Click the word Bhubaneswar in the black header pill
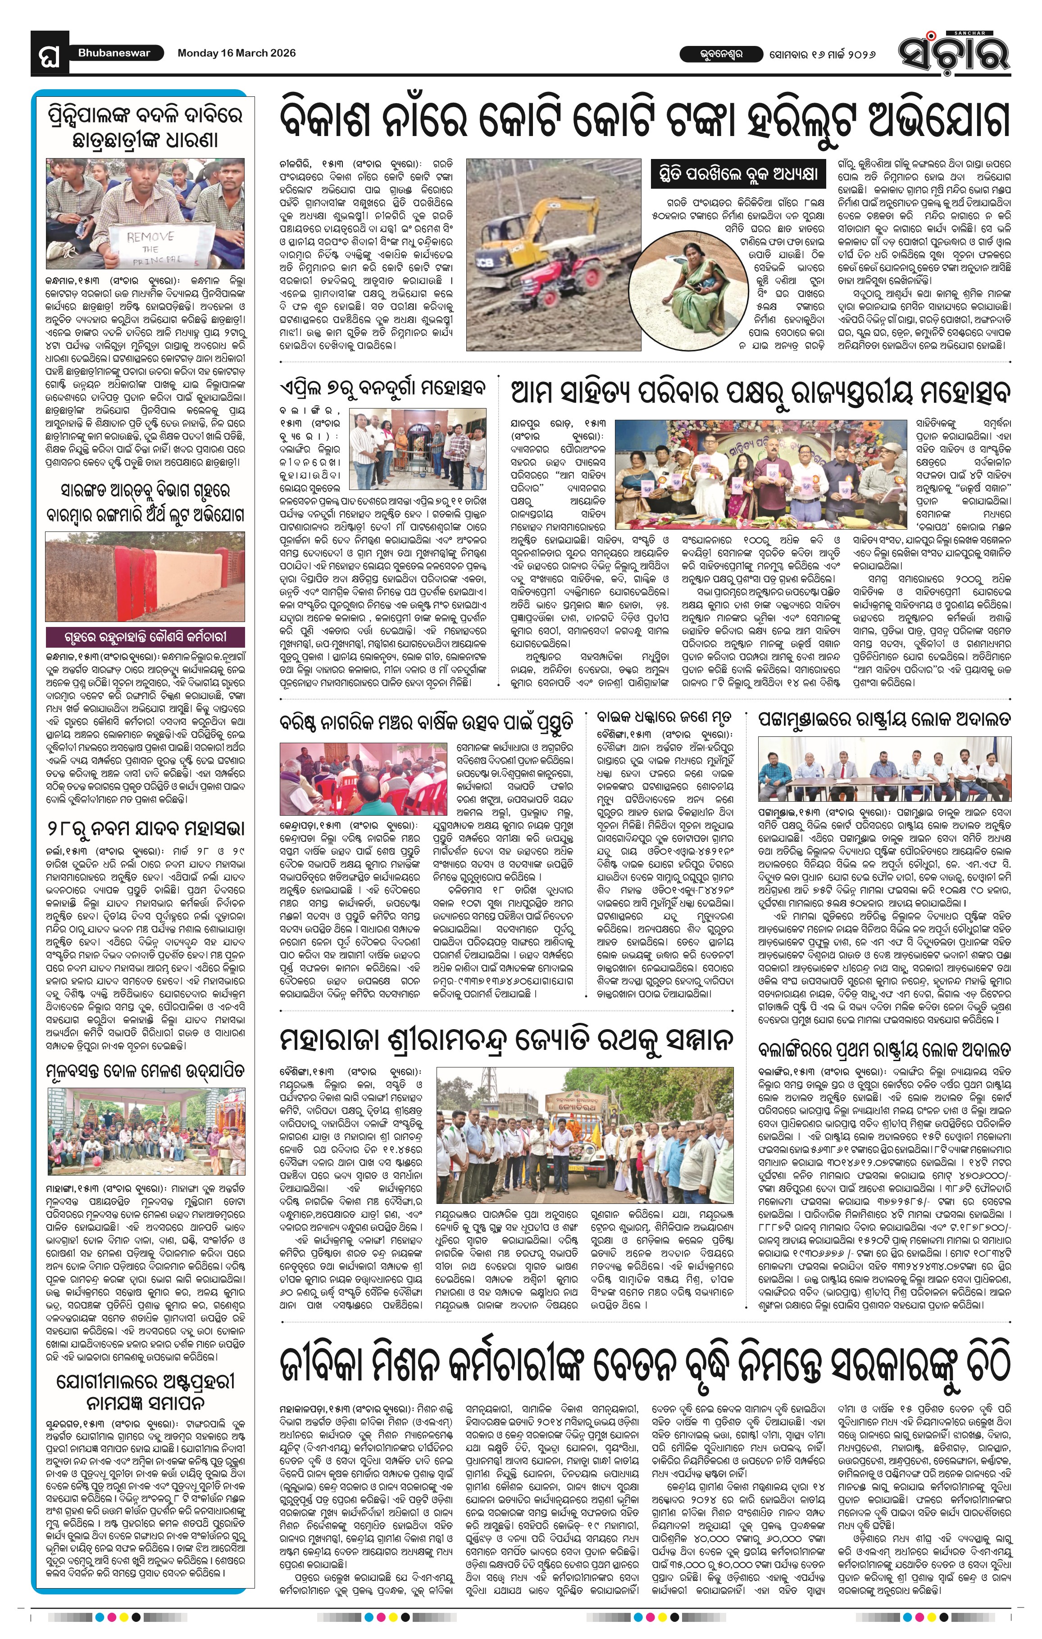coord(114,53)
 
